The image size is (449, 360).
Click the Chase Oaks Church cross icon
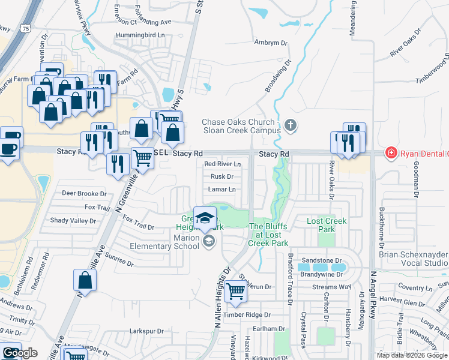click(x=291, y=125)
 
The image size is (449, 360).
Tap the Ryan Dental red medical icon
click(x=391, y=154)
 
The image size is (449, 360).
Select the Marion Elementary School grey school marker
click(x=209, y=242)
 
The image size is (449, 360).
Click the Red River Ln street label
click(x=222, y=164)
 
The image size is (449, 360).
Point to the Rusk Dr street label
click(x=221, y=176)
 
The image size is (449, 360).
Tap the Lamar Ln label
click(x=221, y=189)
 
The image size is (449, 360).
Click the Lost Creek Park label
click(x=327, y=226)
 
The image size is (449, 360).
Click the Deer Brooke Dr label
click(x=84, y=194)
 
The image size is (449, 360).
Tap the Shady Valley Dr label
click(x=73, y=221)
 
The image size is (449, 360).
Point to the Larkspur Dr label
click(x=146, y=331)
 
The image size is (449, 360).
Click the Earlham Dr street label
click(x=268, y=329)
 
